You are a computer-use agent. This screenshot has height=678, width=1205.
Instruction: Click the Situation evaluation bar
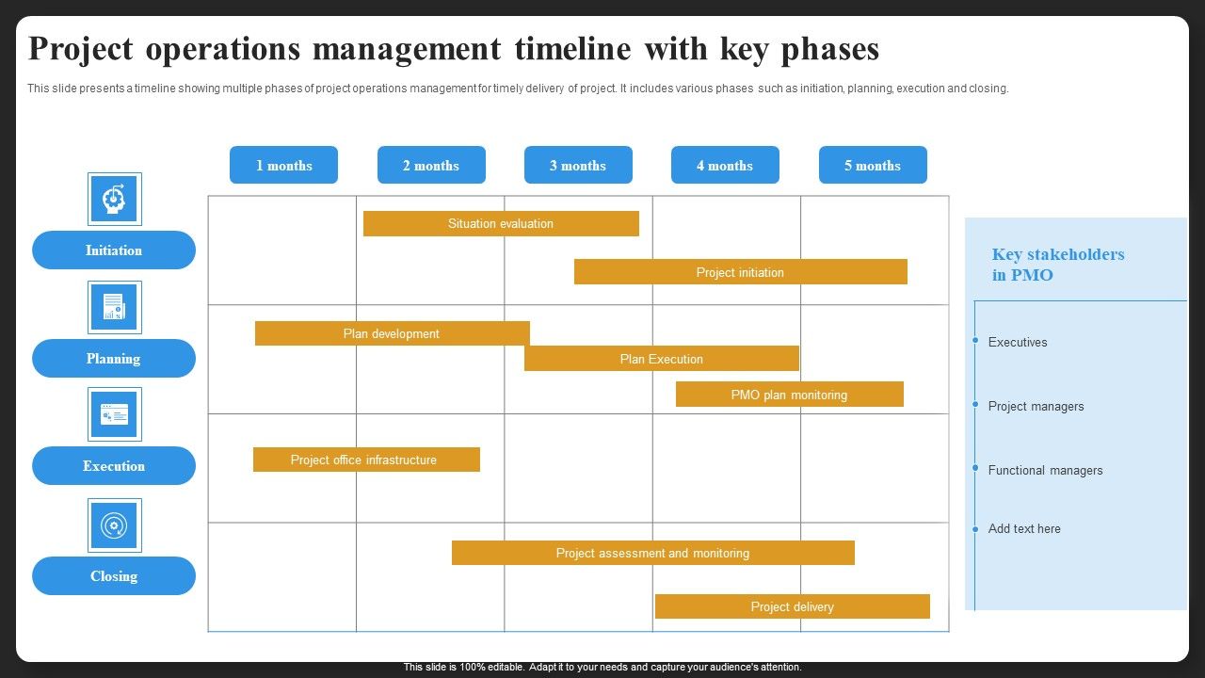click(x=501, y=223)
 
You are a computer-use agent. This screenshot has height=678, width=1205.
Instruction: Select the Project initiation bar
click(x=740, y=272)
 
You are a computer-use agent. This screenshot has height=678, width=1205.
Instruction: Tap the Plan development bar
click(x=392, y=333)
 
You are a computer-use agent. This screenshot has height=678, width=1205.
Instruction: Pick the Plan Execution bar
click(x=661, y=359)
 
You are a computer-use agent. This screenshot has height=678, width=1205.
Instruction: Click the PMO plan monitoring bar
click(x=789, y=395)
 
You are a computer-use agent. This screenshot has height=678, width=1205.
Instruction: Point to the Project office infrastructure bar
click(x=366, y=460)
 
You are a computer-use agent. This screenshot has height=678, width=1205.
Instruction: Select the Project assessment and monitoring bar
click(x=652, y=553)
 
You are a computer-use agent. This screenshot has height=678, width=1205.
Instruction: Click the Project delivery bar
click(x=792, y=606)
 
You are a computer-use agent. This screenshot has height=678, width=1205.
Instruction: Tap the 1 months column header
click(x=283, y=165)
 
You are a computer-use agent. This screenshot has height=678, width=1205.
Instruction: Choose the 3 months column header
click(x=578, y=165)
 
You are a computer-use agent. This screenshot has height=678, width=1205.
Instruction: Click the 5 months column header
click(x=873, y=165)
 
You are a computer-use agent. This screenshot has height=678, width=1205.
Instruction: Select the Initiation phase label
click(x=114, y=250)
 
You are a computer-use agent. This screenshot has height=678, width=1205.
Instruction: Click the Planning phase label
click(x=114, y=359)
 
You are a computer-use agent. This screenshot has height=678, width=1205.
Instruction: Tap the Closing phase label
click(x=114, y=576)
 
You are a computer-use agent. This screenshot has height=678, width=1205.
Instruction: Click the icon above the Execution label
click(x=115, y=414)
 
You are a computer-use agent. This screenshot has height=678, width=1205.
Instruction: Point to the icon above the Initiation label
click(x=115, y=199)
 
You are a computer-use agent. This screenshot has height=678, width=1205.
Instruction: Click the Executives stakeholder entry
click(x=1018, y=343)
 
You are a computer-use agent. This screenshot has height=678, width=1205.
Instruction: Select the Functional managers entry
click(x=1045, y=471)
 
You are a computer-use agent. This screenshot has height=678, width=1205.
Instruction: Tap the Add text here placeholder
click(x=1024, y=529)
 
